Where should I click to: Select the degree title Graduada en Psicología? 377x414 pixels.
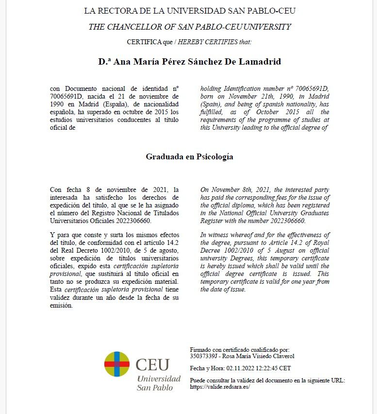189,157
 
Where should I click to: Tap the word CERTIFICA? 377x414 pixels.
144,42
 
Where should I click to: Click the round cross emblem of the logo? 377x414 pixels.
117,364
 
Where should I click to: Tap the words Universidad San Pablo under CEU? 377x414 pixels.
159,383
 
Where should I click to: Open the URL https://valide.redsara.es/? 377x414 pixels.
220,387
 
